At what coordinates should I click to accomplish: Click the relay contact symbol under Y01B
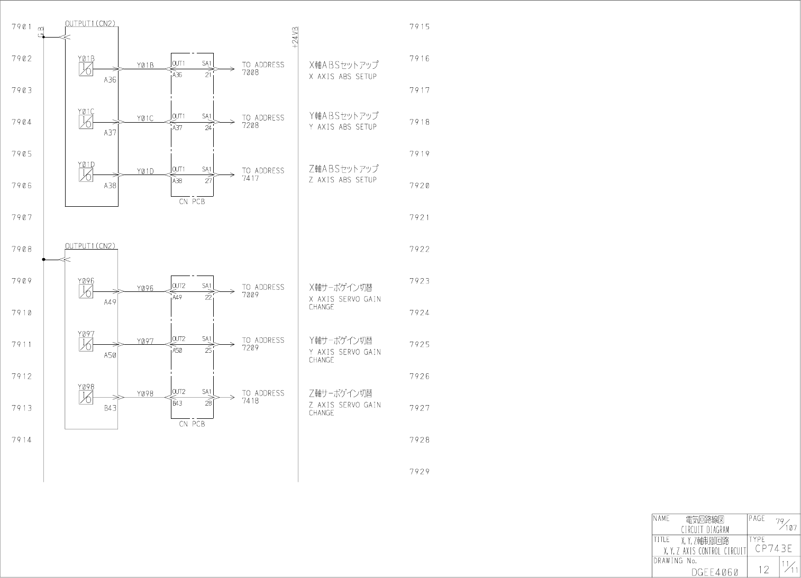click(86, 69)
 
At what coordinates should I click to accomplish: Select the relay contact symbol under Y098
click(86, 398)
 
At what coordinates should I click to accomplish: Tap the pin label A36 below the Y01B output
click(110, 80)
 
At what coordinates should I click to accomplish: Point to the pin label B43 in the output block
click(110, 408)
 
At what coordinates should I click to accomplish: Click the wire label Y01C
click(145, 118)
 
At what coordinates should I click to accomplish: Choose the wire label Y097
click(145, 341)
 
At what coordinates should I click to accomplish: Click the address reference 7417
click(251, 178)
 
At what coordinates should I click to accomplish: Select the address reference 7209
click(251, 348)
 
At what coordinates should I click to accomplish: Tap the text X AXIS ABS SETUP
click(343, 76)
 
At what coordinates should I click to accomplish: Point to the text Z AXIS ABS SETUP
click(343, 180)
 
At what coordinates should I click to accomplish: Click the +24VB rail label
click(295, 38)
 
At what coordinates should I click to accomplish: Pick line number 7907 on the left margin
click(22, 217)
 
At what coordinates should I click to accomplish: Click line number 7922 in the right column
click(420, 249)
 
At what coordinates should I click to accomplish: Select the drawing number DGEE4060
click(714, 572)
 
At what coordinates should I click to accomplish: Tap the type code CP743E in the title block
click(773, 548)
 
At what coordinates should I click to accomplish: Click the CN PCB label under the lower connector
click(192, 424)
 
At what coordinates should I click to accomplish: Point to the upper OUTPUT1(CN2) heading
click(90, 23)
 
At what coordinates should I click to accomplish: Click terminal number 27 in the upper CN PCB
click(208, 180)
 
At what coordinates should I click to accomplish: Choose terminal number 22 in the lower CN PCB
click(208, 297)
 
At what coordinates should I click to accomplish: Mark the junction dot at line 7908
click(43, 260)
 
